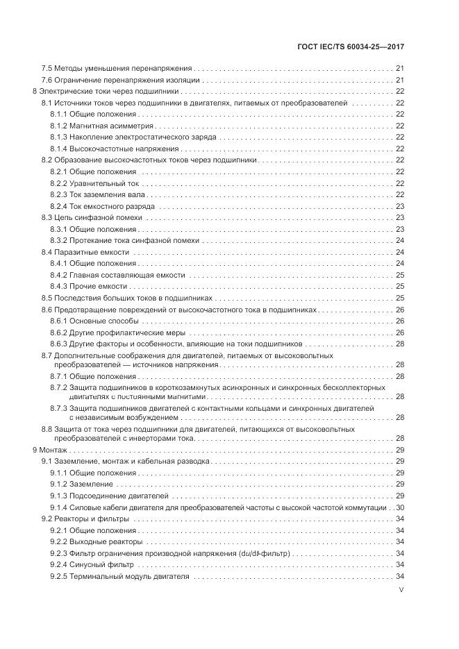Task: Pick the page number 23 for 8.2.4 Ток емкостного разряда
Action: point(400,206)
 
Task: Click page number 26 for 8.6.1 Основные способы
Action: point(400,321)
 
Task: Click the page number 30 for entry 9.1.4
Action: point(400,507)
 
